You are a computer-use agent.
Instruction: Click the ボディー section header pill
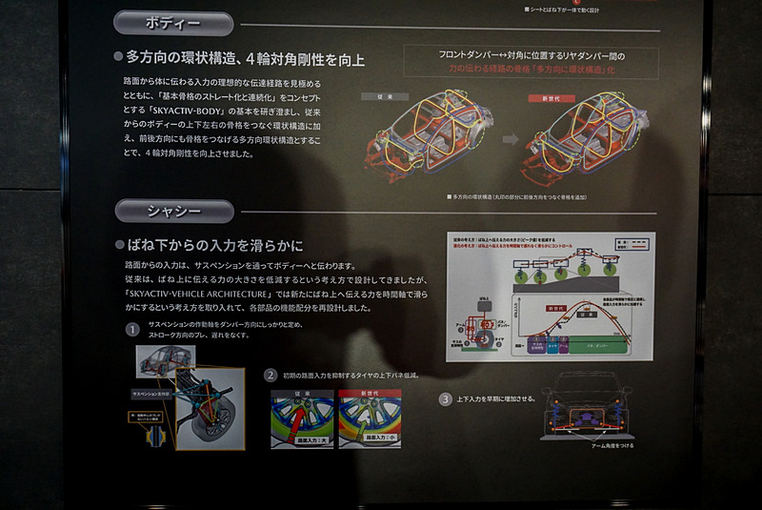(x=173, y=23)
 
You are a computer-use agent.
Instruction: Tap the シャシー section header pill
(x=173, y=211)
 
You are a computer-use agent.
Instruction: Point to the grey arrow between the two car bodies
(x=511, y=139)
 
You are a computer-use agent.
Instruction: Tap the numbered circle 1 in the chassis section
(x=132, y=330)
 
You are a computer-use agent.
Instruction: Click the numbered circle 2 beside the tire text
(x=271, y=375)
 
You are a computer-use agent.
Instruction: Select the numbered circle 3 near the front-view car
(x=445, y=398)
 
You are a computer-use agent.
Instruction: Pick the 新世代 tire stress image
(x=369, y=418)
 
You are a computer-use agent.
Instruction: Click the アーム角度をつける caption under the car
(x=597, y=445)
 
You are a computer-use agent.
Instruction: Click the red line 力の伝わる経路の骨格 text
(x=530, y=69)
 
